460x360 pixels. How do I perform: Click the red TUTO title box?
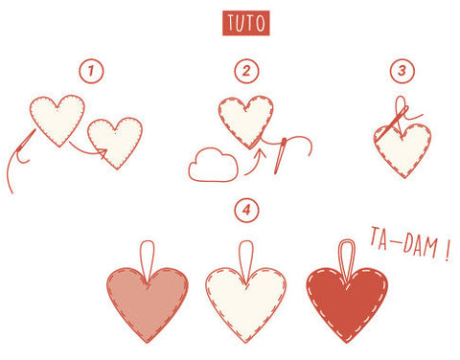point(245,23)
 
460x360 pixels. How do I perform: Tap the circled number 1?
point(93,71)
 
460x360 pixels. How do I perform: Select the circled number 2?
point(246,71)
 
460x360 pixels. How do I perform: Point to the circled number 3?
point(402,71)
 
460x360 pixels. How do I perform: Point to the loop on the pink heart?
point(148,253)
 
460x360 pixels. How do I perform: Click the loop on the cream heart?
point(246,253)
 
